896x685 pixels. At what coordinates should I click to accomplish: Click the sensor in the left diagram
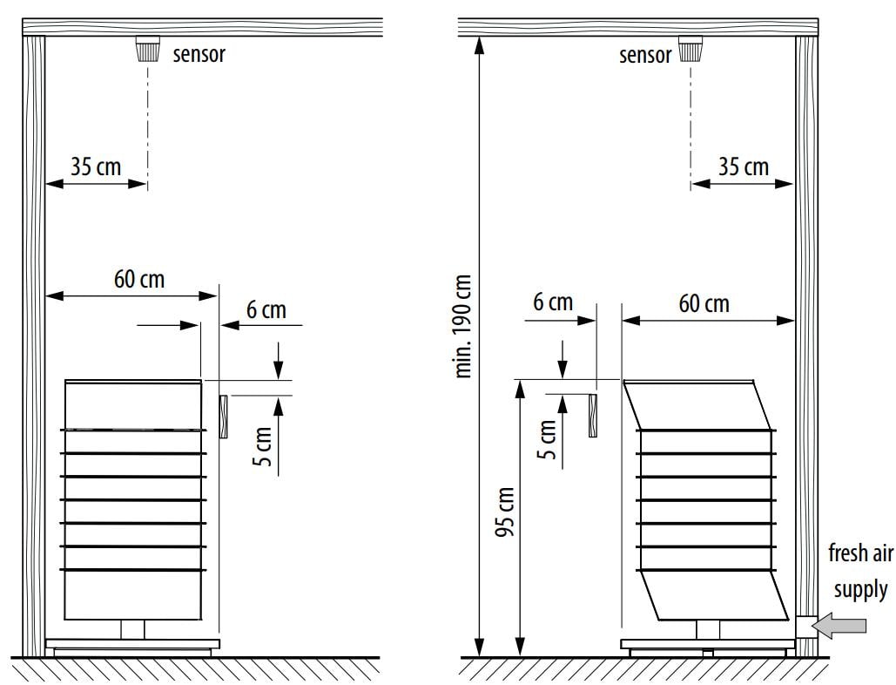[147, 49]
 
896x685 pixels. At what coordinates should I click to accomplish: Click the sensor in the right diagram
[691, 49]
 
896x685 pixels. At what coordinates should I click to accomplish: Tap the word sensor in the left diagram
[199, 54]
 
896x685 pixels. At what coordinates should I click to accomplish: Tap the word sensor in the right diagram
[645, 56]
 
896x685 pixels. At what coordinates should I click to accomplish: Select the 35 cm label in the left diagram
[96, 167]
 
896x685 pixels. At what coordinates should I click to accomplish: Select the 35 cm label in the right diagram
[743, 167]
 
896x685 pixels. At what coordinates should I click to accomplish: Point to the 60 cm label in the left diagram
[138, 280]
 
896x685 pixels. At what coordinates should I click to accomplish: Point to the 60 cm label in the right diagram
[704, 303]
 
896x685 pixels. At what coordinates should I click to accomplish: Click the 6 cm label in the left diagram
[266, 310]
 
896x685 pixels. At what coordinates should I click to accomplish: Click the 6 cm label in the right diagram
[553, 302]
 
